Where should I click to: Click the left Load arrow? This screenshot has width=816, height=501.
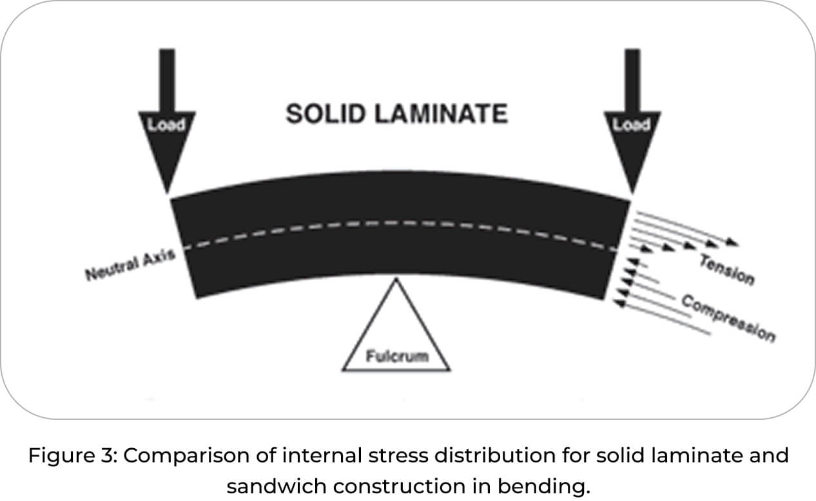[167, 129]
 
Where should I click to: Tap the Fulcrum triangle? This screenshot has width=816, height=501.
[396, 335]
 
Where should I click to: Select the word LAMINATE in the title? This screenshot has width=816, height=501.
[434, 114]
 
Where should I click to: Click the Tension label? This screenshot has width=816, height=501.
[726, 269]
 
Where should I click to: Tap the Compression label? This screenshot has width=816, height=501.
[728, 319]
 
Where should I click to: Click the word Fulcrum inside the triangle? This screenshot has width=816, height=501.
[396, 355]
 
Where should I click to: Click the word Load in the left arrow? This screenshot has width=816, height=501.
[167, 125]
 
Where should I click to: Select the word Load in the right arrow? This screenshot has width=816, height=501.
[631, 125]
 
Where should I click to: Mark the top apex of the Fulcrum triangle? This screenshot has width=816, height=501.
[396, 279]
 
